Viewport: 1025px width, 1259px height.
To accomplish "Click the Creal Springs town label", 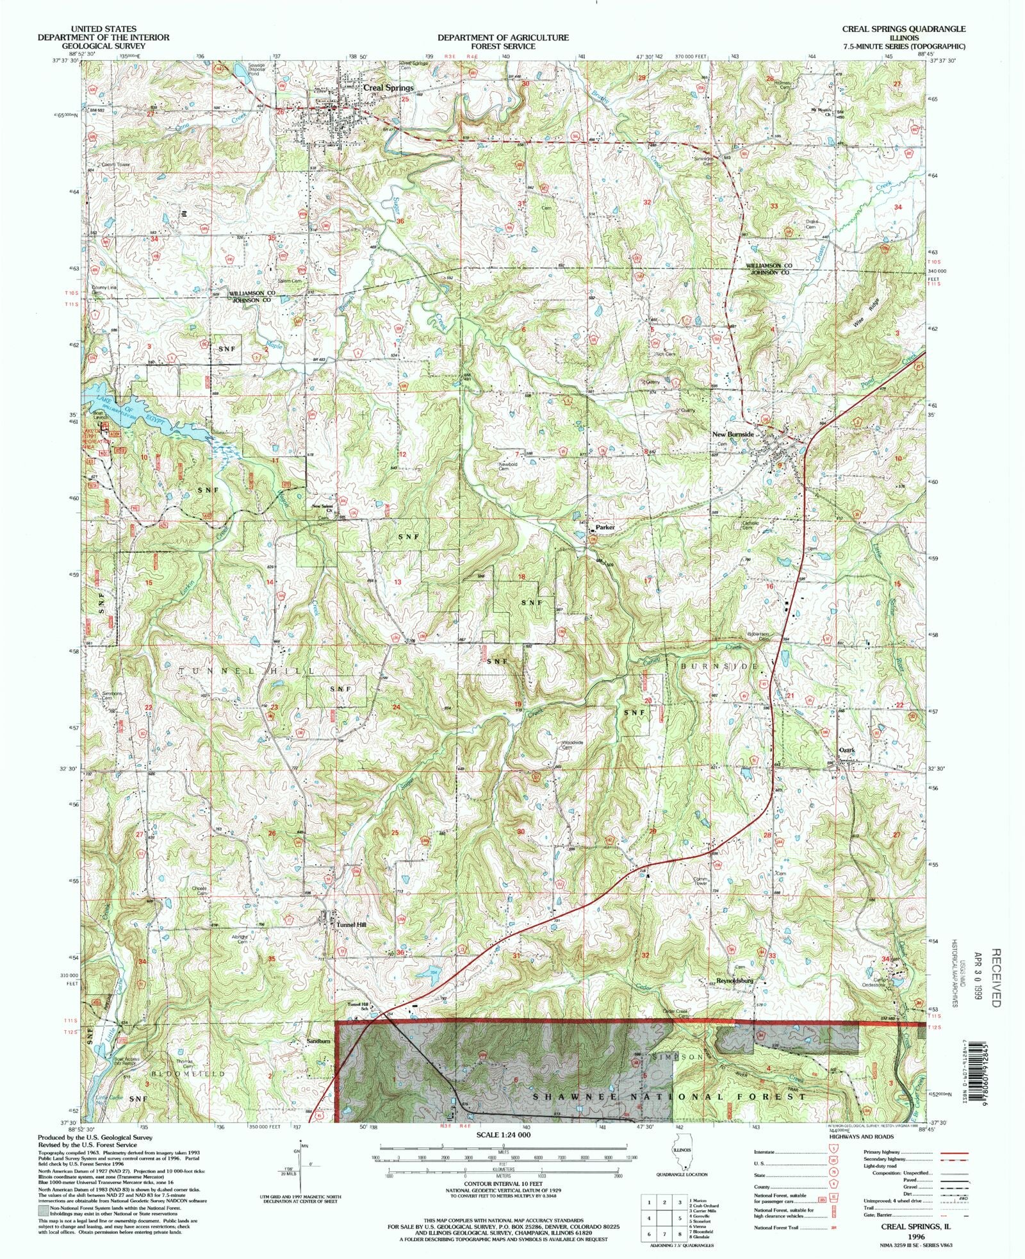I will (388, 87).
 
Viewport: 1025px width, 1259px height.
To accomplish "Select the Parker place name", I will (605, 528).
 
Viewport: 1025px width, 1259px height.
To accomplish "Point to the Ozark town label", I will (847, 750).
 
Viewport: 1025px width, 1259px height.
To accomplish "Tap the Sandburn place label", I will (318, 1042).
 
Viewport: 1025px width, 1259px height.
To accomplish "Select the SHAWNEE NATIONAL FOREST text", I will (669, 1097).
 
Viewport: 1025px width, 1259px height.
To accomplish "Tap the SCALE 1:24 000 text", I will (504, 1135).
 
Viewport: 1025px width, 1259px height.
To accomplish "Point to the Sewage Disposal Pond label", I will (242, 69).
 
